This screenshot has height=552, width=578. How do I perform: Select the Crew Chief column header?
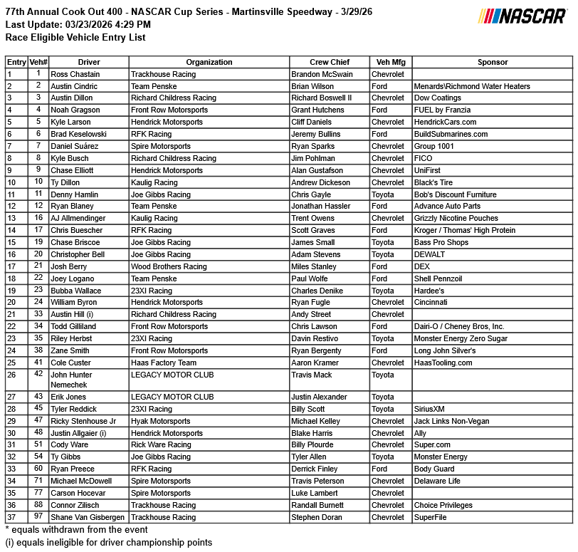pyautogui.click(x=330, y=63)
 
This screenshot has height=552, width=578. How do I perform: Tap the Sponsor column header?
pyautogui.click(x=493, y=63)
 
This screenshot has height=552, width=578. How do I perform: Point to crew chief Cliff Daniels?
pyautogui.click(x=317, y=123)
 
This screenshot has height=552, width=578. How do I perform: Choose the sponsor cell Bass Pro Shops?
pyautogui.click(x=441, y=243)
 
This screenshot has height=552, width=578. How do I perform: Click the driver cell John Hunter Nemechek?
pyautogui.click(x=71, y=380)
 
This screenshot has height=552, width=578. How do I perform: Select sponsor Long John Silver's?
pyautogui.click(x=445, y=351)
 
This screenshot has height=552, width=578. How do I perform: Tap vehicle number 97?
pyautogui.click(x=38, y=517)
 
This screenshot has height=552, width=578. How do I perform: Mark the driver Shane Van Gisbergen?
pyautogui.click(x=88, y=518)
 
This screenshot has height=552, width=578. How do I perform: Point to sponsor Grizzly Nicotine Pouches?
pyautogui.click(x=456, y=219)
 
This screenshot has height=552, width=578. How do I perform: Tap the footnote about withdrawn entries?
pyautogui.click(x=76, y=530)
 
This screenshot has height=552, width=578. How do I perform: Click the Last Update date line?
pyautogui.click(x=78, y=25)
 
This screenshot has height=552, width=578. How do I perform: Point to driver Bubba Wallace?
pyautogui.click(x=76, y=291)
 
